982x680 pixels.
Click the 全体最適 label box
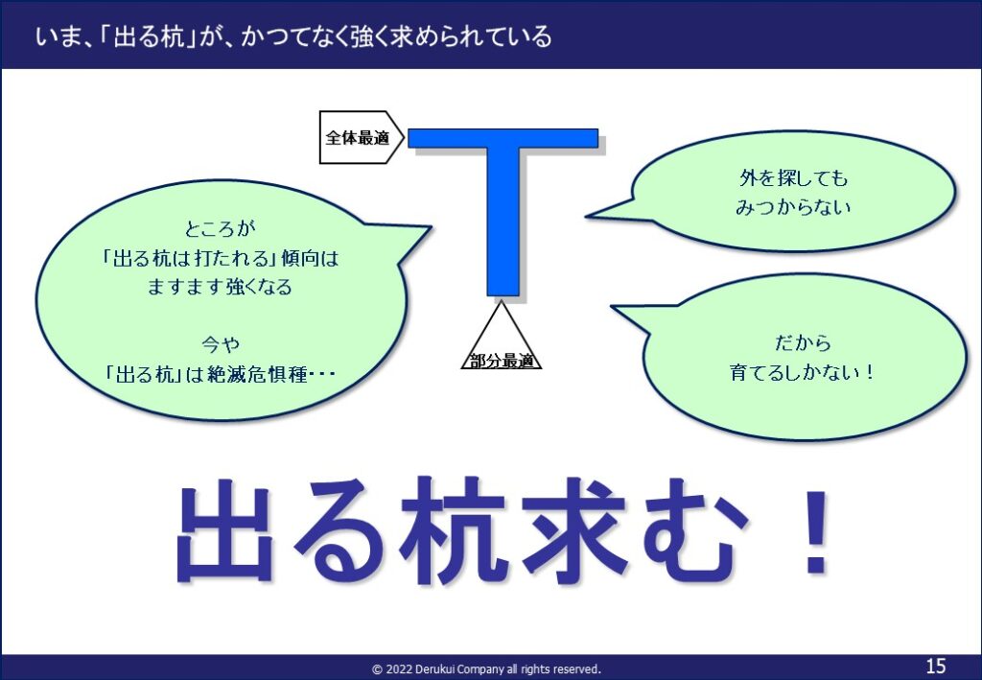coord(361,138)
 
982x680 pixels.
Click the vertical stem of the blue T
coord(503,221)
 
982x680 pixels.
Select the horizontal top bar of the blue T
coord(503,138)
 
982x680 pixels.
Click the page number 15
coord(936,665)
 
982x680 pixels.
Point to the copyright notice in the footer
coord(486,668)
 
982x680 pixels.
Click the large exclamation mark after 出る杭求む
coord(817,532)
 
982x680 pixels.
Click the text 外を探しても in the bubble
coord(793,178)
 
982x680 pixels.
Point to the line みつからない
coord(793,207)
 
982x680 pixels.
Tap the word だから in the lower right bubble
coord(803,343)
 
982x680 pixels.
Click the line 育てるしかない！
coord(803,372)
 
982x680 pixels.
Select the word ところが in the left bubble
coord(220,228)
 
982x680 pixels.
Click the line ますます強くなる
coord(220,287)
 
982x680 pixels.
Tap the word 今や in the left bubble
coord(220,344)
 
